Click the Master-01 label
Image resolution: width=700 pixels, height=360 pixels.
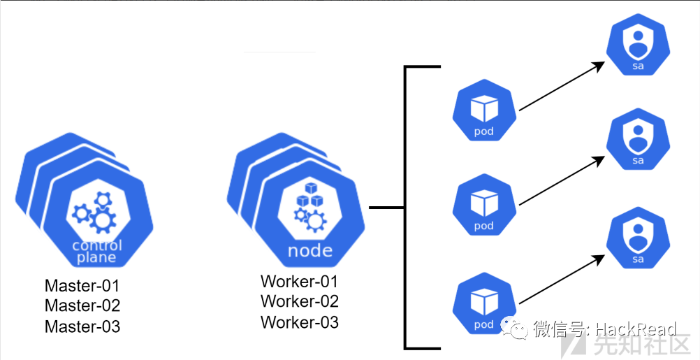tap(82, 286)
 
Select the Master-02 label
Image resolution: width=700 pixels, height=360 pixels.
tap(82, 306)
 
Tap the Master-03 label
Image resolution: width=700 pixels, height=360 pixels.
tap(82, 326)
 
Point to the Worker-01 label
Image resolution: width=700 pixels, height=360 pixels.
tap(299, 282)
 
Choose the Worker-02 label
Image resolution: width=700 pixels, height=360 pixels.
tap(299, 302)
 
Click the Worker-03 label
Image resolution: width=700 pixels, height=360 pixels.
tap(299, 322)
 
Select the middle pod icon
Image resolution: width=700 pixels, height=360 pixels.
tap(484, 207)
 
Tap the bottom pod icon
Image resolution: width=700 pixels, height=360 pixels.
tap(484, 305)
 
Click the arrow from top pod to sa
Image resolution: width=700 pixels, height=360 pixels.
tap(561, 86)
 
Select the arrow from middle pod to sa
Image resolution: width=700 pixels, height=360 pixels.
tap(561, 181)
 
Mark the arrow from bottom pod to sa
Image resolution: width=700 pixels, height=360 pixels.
tap(561, 279)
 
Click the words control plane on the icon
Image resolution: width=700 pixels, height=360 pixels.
tap(97, 252)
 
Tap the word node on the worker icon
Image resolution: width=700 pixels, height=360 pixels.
tap(310, 251)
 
